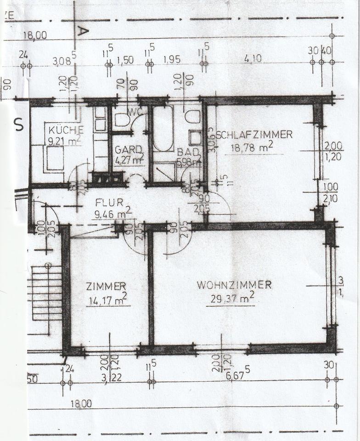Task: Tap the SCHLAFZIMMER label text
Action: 254,135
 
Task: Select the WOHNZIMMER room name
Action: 234,285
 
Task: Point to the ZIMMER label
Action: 106,286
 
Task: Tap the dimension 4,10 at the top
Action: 253,59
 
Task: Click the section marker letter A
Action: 83,31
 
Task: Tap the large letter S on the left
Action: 19,124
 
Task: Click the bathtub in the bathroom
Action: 163,129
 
